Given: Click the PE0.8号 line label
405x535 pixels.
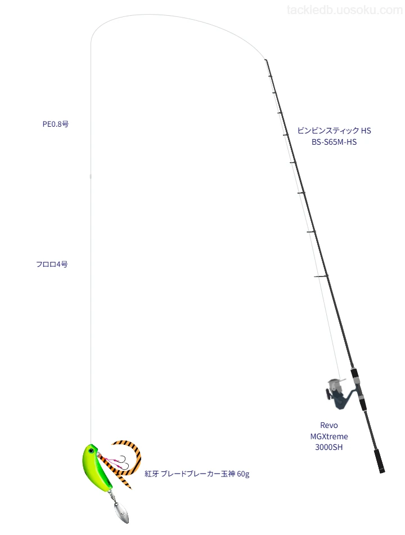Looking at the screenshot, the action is pos(56,124).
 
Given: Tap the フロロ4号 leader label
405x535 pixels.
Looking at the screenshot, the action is pos(52,264).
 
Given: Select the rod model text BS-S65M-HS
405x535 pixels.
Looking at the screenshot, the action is pos(334,142).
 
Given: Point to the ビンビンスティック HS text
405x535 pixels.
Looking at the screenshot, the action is pos(334,130).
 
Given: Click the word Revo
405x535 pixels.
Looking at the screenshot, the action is pos(329,425).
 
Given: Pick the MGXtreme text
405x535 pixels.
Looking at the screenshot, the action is pos(329,436).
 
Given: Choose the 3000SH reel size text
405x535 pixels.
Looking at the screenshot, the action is pos(329,447).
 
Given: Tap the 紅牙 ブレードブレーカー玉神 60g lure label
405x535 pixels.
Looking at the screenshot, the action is pos(197,474).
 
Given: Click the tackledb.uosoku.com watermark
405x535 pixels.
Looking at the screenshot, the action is pos(344,10).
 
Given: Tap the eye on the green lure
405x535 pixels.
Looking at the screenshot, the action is pos(91,451).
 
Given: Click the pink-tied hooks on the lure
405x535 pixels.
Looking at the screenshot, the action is pos(118,461).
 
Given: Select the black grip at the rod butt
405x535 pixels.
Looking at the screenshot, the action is pos(379,461).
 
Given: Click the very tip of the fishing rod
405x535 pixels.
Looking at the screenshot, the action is pos(265,60).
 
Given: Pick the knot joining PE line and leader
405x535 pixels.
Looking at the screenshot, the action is pos(91,176).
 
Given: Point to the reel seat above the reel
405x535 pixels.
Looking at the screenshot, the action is pos(357,383).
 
